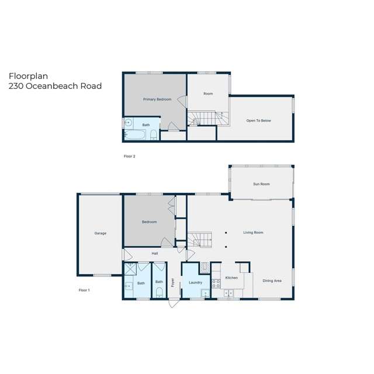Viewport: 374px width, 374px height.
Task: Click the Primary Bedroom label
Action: tap(157, 99)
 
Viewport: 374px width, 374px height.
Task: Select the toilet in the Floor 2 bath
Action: tap(153, 136)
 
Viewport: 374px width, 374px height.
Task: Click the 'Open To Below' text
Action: tap(258, 120)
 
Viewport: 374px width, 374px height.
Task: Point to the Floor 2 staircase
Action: tap(207, 119)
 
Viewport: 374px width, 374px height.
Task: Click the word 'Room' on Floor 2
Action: tap(207, 93)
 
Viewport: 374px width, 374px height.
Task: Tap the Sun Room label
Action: tap(261, 184)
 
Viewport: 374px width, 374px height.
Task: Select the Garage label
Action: tap(101, 233)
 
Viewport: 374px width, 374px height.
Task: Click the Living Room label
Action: tap(253, 233)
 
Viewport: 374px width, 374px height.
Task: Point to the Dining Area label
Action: tap(272, 281)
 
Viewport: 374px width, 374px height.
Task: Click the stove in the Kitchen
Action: tap(215, 285)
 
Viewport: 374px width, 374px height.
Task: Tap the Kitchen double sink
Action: tap(228, 293)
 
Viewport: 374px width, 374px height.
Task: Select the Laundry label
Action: tap(195, 283)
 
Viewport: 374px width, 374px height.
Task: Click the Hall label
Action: tap(155, 254)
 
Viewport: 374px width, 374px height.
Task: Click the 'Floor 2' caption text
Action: tap(130, 157)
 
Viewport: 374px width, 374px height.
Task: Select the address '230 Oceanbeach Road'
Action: tap(55, 86)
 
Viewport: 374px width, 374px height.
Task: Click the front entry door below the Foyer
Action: tap(173, 304)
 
